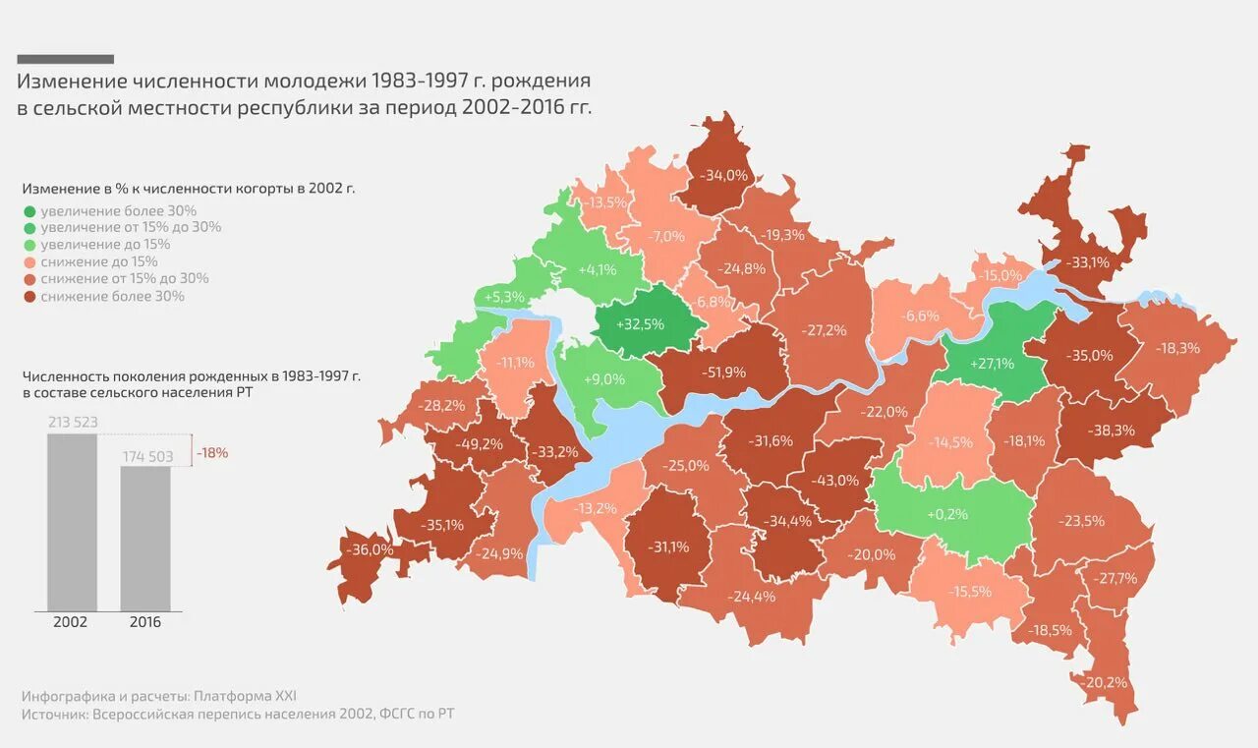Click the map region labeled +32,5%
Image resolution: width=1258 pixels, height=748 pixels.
tap(640, 323)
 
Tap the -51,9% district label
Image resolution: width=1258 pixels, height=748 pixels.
tap(724, 373)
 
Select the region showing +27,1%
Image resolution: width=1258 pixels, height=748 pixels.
tap(992, 364)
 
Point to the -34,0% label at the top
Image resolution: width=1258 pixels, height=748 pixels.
tap(724, 175)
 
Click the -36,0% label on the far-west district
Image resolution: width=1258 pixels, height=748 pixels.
tap(371, 549)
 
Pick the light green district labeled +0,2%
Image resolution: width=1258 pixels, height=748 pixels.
tap(946, 514)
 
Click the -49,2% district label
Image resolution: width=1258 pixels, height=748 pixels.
tap(479, 443)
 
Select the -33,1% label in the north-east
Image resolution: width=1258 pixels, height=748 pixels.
tap(1088, 262)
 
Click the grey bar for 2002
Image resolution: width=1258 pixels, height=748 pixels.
tap(72, 521)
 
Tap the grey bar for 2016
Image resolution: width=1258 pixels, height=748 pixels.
tap(145, 538)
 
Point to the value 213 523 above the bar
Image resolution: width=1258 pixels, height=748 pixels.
tap(73, 423)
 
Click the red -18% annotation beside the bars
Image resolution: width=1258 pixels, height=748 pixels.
tap(212, 453)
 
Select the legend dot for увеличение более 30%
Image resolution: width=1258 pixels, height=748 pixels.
tap(29, 211)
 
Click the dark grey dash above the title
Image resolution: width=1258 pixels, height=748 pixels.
tap(66, 59)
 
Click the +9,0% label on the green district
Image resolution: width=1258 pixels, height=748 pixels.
tap(603, 378)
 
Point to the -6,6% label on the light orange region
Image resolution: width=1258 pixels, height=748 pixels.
tap(922, 316)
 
